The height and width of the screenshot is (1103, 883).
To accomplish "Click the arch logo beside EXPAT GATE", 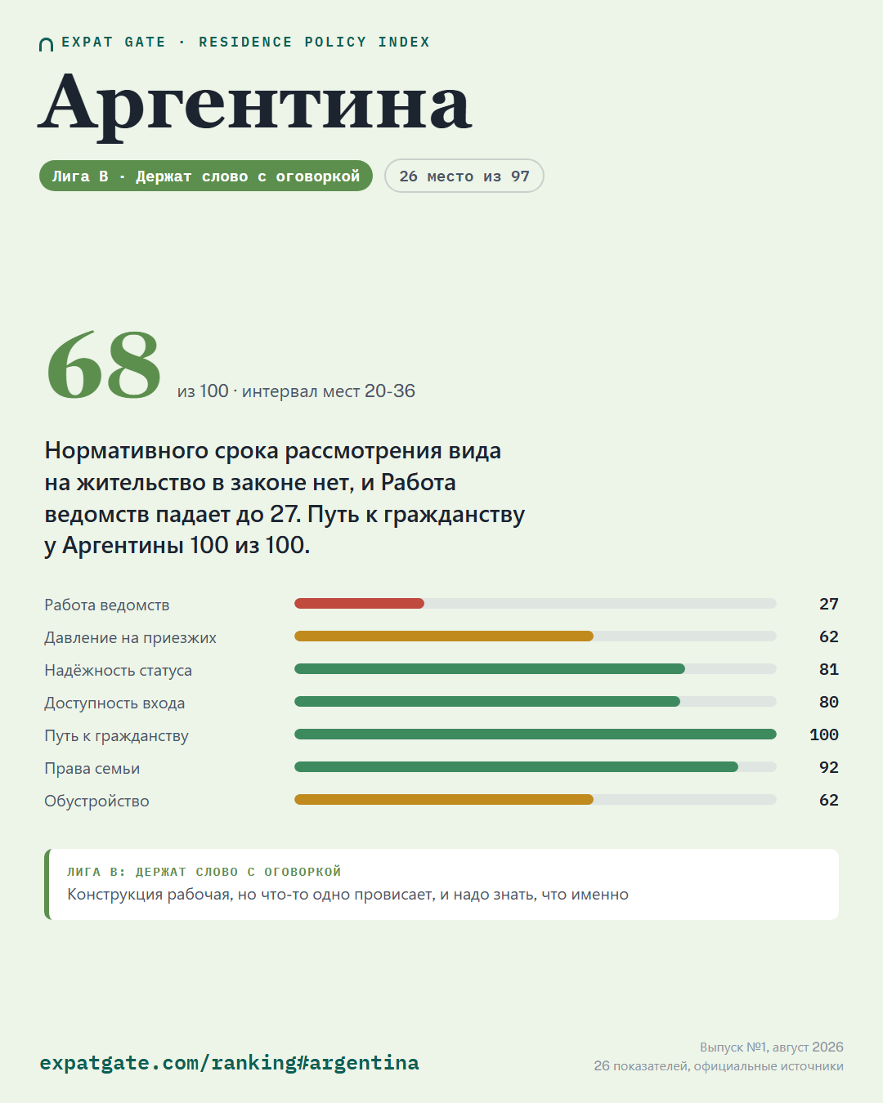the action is pyautogui.click(x=46, y=45).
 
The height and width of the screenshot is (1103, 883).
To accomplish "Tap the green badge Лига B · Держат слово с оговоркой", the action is pyautogui.click(x=206, y=176).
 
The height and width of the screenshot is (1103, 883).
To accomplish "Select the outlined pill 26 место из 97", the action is pyautogui.click(x=464, y=176).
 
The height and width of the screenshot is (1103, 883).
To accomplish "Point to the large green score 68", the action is pyautogui.click(x=104, y=364).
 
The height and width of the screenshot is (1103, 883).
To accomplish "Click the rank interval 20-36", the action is pyautogui.click(x=389, y=391).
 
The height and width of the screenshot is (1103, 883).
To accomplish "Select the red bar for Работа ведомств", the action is pyautogui.click(x=359, y=603).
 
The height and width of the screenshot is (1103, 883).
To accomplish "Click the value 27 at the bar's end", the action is pyautogui.click(x=828, y=604).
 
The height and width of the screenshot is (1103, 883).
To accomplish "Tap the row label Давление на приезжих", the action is pyautogui.click(x=130, y=637).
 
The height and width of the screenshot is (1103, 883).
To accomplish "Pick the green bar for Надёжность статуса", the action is pyautogui.click(x=490, y=669).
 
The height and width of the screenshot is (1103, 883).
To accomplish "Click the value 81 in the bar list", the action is pyautogui.click(x=828, y=669).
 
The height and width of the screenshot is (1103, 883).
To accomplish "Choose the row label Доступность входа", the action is pyautogui.click(x=114, y=703).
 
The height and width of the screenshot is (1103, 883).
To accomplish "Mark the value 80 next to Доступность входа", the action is pyautogui.click(x=828, y=702).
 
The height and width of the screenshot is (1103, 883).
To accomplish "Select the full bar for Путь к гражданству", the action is pyautogui.click(x=536, y=735).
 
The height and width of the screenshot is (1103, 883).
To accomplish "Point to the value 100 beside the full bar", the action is pyautogui.click(x=824, y=735).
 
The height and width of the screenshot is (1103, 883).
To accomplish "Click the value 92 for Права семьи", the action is pyautogui.click(x=828, y=767).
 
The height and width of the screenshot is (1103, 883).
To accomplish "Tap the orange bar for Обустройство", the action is pyautogui.click(x=444, y=800).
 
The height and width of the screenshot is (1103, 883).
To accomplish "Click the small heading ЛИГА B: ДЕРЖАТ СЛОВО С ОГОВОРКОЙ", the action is pyautogui.click(x=204, y=871).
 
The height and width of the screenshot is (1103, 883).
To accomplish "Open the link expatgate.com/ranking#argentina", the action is pyautogui.click(x=230, y=1062).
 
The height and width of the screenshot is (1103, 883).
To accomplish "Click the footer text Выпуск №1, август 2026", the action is pyautogui.click(x=772, y=1047).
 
